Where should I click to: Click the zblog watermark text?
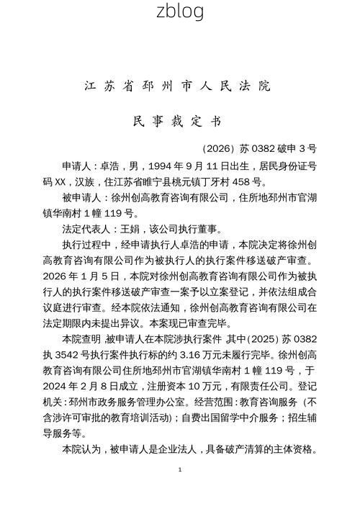pyautogui.click(x=179, y=12)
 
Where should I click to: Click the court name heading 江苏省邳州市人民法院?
pyautogui.click(x=179, y=86)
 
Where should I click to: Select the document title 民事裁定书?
pyautogui.click(x=179, y=121)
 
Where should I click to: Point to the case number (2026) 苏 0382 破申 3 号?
pyautogui.click(x=260, y=149)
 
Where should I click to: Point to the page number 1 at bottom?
pyautogui.click(x=179, y=469)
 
